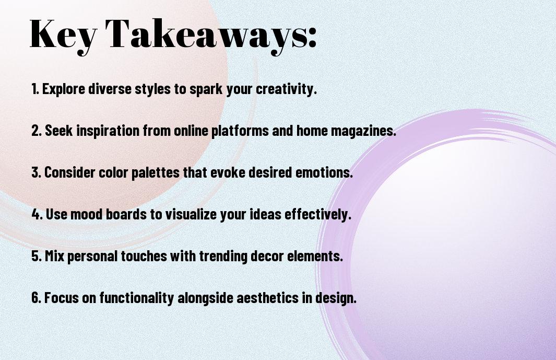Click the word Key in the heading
pyautogui.click(x=63, y=34)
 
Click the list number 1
pyautogui.click(x=35, y=89)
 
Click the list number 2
pyautogui.click(x=37, y=131)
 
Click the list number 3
pyautogui.click(x=37, y=172)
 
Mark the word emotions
pyautogui.click(x=324, y=172)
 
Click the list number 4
pyautogui.click(x=37, y=214)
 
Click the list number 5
pyautogui.click(x=37, y=256)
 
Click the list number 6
pyautogui.click(x=37, y=298)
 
